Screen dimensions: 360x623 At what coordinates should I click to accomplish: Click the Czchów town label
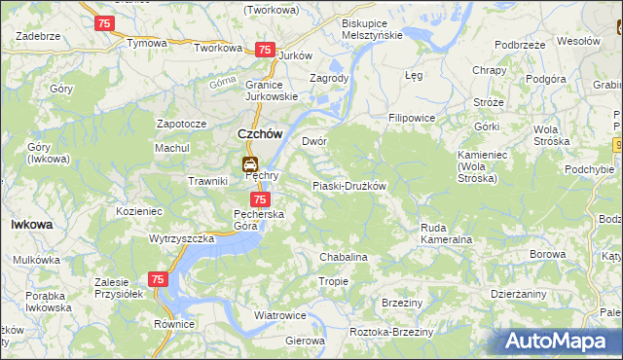click(260, 135)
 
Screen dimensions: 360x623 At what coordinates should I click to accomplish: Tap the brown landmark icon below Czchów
click(250, 163)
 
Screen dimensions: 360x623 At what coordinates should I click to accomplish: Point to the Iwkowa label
click(31, 224)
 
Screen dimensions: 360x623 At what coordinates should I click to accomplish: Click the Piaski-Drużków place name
click(348, 186)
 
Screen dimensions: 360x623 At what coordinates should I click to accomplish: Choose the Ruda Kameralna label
click(446, 233)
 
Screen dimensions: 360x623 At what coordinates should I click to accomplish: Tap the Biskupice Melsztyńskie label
click(372, 28)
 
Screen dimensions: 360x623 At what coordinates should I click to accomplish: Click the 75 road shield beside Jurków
click(264, 50)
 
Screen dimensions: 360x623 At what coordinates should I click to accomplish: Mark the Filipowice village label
click(411, 118)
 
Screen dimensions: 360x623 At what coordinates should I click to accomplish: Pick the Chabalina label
click(344, 257)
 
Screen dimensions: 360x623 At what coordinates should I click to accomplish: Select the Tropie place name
click(334, 281)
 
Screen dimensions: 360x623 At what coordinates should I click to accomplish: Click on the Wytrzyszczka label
click(181, 238)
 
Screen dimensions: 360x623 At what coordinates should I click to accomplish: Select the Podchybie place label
click(589, 169)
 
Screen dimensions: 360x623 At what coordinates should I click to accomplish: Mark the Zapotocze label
click(181, 124)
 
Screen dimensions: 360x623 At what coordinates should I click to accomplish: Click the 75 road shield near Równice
click(159, 279)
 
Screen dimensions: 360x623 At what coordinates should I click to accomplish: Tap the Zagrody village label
click(328, 78)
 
